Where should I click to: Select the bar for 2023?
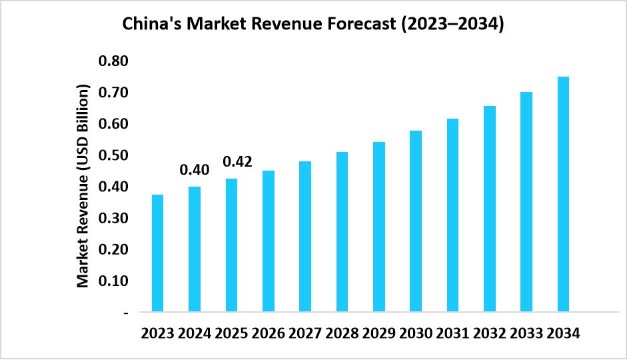click(158, 253)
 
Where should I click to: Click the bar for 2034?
click(563, 194)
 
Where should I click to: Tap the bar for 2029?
click(378, 227)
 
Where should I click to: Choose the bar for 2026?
click(268, 241)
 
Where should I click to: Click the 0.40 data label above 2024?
click(195, 170)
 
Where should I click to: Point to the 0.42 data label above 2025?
click(237, 162)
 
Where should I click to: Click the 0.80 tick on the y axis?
click(113, 61)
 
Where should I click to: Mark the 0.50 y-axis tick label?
click(113, 155)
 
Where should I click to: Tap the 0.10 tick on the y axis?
click(113, 281)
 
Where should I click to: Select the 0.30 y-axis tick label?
click(113, 218)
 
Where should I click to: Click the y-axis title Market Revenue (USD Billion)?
click(83, 186)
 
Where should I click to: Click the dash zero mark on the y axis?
click(126, 312)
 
